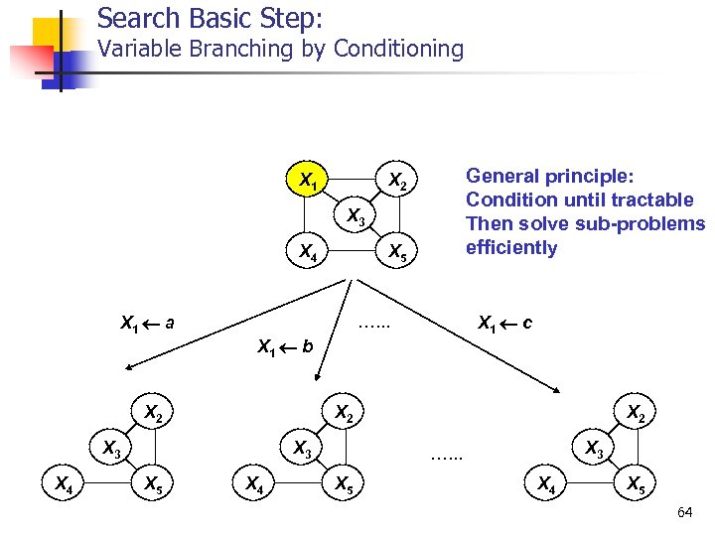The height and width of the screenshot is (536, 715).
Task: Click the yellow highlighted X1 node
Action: point(309,181)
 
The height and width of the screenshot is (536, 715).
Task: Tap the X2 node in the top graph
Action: point(397,181)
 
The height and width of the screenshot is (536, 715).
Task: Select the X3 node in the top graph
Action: point(354,217)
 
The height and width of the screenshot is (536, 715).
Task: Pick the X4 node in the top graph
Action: point(309,252)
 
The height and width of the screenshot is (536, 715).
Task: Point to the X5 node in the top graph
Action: point(397,252)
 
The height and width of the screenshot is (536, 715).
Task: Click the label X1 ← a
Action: point(147,323)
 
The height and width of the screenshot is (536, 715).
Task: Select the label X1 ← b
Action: point(285,346)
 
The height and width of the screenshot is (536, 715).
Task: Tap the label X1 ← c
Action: point(504,323)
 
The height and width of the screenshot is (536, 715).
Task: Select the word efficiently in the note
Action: point(511,247)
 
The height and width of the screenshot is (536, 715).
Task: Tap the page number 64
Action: point(684,512)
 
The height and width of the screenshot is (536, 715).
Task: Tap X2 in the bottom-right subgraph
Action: point(635,411)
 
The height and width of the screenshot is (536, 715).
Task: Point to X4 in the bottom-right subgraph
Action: point(546,484)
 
